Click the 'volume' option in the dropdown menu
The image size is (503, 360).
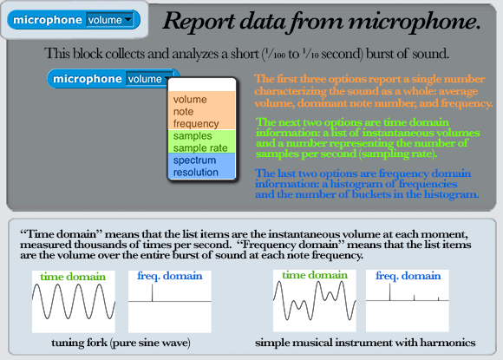(x=190, y=100)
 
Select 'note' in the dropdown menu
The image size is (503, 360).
(x=183, y=112)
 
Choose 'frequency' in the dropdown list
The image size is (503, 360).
(x=196, y=124)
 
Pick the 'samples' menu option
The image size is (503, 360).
(x=193, y=136)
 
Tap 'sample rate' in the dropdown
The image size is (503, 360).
(x=200, y=148)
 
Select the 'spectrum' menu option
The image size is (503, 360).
(x=194, y=160)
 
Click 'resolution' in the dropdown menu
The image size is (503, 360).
(x=196, y=173)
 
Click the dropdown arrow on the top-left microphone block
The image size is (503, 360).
(x=128, y=19)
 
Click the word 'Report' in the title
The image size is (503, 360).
(x=199, y=22)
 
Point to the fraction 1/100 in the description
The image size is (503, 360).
(x=274, y=53)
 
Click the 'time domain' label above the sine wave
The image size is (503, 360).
(x=73, y=277)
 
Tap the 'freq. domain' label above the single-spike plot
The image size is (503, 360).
(x=170, y=276)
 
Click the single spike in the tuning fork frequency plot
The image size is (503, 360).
(x=153, y=293)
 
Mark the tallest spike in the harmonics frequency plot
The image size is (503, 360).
(x=390, y=292)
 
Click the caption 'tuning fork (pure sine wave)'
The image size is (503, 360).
(x=121, y=343)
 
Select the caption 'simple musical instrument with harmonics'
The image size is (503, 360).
(x=365, y=343)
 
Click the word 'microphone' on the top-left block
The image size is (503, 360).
(x=48, y=20)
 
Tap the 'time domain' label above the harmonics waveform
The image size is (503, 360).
(x=315, y=275)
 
